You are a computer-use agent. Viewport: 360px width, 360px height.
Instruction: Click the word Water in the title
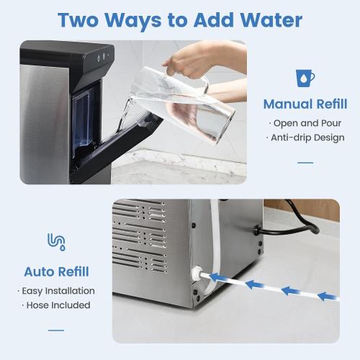point(266,19)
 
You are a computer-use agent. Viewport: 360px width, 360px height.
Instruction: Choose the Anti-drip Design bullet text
point(307,138)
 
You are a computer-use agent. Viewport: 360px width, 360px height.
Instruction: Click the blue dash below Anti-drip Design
point(305,162)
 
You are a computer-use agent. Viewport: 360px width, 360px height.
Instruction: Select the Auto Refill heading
point(57,271)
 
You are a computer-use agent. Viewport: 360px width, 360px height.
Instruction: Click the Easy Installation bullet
point(57,291)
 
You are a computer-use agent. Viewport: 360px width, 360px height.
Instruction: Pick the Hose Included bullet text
point(57,305)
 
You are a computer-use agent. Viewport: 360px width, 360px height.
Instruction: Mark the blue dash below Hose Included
point(56,330)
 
